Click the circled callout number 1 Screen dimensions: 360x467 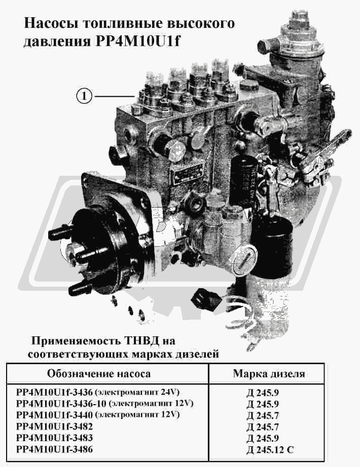pos(84,96)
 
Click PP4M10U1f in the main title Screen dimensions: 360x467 pos(138,41)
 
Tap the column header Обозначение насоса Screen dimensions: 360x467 pos(99,373)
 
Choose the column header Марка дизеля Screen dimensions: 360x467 pos(269,373)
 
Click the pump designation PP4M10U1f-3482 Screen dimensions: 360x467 pos(54,426)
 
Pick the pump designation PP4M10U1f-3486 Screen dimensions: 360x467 pos(54,449)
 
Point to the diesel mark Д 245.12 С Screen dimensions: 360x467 pos(270,449)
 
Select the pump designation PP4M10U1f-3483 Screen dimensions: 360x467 pos(54,438)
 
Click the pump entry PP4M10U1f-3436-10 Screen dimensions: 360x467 pos(61,404)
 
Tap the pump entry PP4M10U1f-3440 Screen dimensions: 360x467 pos(54,415)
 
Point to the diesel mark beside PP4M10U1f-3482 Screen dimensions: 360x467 pos(263,427)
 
